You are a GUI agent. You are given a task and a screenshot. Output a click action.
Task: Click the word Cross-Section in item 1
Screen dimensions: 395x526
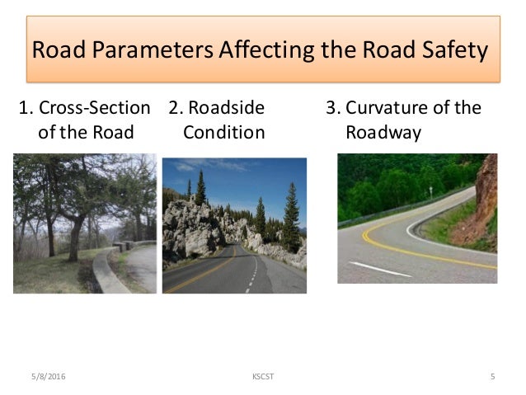pos(96,108)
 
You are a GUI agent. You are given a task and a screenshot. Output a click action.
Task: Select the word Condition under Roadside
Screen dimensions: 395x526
pos(223,132)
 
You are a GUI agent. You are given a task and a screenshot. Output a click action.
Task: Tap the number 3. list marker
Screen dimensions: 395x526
pos(334,108)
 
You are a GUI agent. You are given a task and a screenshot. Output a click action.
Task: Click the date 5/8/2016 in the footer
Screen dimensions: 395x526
pos(46,377)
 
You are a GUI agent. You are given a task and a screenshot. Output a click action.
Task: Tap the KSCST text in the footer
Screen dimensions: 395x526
pos(262,377)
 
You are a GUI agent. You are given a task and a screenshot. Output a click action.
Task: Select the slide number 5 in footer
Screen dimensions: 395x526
pos(492,377)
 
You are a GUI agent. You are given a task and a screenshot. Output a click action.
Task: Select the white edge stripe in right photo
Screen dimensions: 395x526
pos(379,269)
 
